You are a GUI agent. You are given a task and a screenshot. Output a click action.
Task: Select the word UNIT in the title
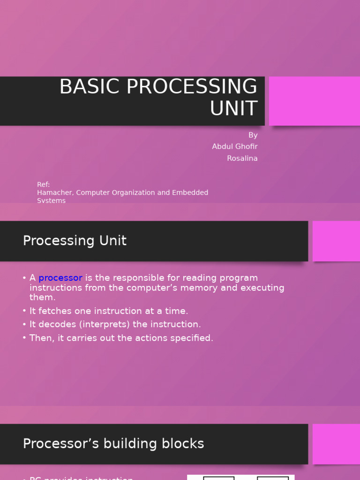click(x=233, y=109)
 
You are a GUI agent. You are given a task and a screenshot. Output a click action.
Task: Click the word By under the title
click(x=253, y=135)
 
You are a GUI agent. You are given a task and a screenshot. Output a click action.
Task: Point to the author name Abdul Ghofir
click(x=234, y=147)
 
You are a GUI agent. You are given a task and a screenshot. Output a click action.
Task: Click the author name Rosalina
click(x=242, y=158)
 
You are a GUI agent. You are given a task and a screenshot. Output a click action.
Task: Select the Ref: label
click(x=43, y=185)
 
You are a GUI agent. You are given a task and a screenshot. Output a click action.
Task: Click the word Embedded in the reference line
click(x=191, y=193)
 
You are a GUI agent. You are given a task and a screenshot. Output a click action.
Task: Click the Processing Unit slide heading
click(x=75, y=241)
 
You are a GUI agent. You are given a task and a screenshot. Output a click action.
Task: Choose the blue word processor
click(x=60, y=278)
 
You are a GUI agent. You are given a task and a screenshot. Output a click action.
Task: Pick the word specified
click(x=192, y=338)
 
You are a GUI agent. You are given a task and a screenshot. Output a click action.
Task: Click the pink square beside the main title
click(x=314, y=101)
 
